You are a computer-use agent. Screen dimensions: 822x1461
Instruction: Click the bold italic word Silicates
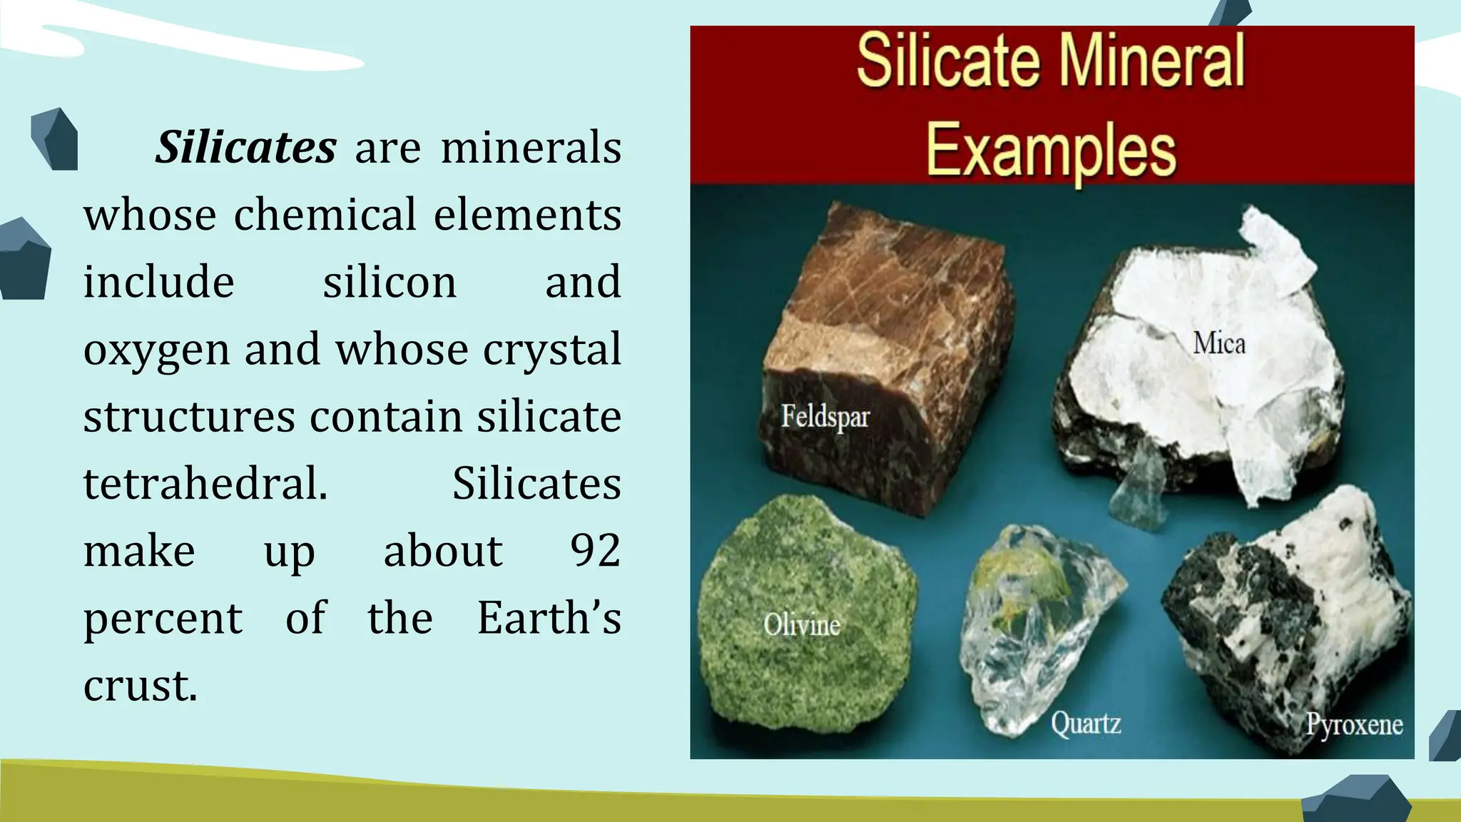tap(245, 147)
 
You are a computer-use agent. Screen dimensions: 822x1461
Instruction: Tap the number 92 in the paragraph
tap(595, 551)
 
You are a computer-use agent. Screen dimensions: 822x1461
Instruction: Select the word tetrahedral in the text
tap(205, 484)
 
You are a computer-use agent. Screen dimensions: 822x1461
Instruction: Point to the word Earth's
tap(549, 618)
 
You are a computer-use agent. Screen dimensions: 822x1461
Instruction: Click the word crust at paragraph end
tap(140, 686)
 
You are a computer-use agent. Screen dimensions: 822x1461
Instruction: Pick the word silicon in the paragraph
tap(390, 282)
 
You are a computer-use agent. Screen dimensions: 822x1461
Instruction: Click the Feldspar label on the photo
tap(825, 417)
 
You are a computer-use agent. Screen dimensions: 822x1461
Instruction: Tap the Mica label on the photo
tap(1219, 344)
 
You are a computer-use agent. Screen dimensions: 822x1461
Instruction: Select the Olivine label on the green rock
tap(802, 625)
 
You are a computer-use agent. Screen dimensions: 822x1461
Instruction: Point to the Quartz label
tap(1086, 724)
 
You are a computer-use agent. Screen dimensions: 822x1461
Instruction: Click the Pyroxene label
tap(1354, 724)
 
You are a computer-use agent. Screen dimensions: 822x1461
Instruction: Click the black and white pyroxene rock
tap(1284, 614)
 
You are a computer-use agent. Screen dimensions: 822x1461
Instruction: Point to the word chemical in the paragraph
tap(325, 215)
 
